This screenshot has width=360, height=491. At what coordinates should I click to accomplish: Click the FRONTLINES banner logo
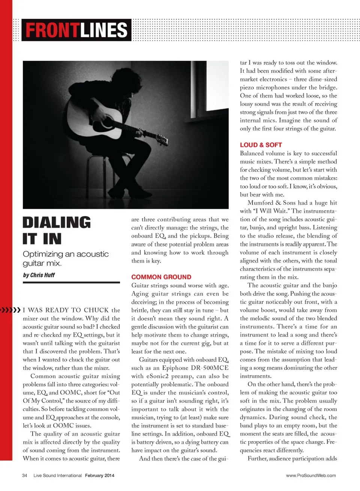(76, 30)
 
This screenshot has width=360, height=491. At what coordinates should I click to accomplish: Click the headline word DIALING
(57, 222)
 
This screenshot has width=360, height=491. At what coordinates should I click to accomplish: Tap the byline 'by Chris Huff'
(39, 275)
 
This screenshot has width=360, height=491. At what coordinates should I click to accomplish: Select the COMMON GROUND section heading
(161, 277)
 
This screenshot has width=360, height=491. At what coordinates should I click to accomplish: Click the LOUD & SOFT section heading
(261, 145)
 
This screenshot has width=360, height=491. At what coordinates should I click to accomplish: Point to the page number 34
(25, 476)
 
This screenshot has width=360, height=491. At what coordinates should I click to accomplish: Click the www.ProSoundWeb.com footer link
(311, 476)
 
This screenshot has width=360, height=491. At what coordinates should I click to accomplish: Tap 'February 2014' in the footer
(99, 476)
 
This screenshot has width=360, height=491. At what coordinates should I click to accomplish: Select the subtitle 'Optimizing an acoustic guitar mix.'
(66, 258)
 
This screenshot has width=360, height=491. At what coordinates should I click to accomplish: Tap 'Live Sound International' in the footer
(57, 476)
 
